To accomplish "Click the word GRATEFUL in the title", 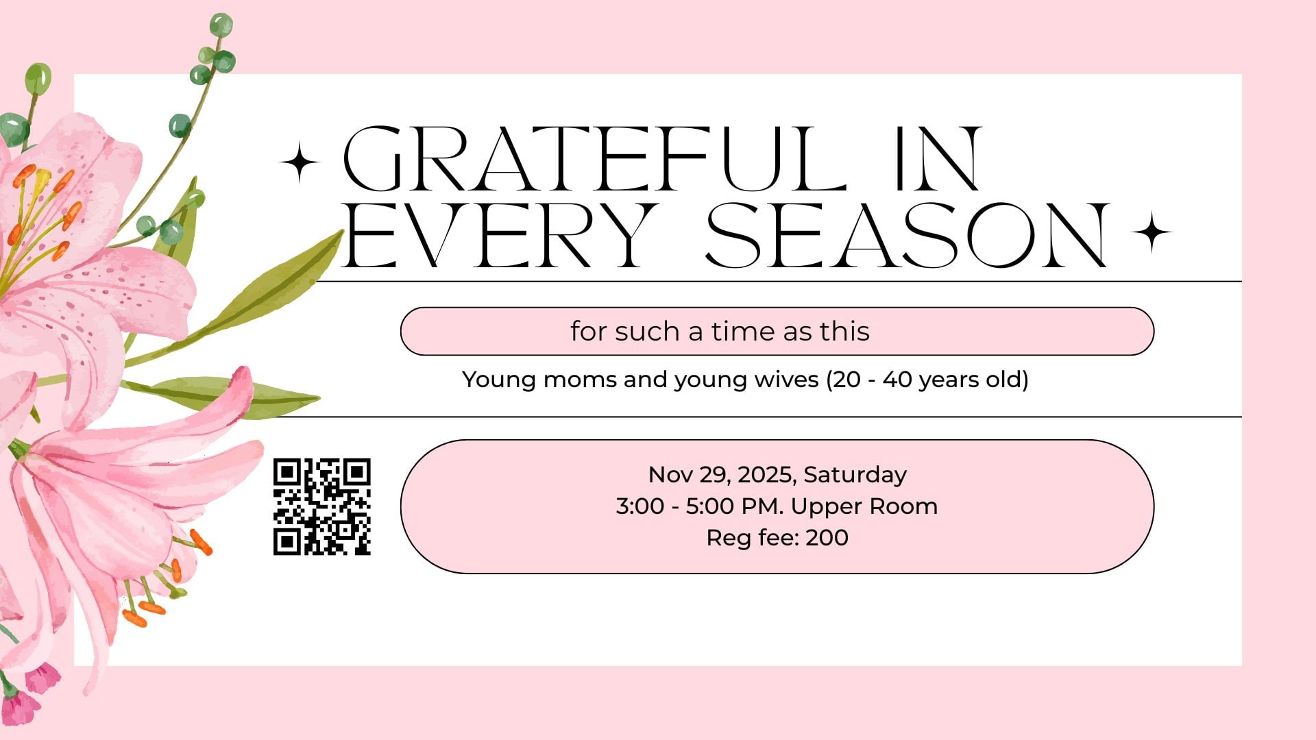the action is [x=595, y=159].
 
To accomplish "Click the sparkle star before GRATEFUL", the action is [x=300, y=162].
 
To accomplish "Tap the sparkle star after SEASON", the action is [x=1151, y=232].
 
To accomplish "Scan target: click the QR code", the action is [x=322, y=506].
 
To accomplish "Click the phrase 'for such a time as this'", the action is [x=720, y=332].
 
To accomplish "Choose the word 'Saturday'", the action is [x=855, y=475].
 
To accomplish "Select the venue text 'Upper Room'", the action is [x=864, y=507].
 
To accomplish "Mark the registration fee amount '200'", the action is [x=827, y=538].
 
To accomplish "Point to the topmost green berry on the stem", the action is [x=221, y=25].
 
